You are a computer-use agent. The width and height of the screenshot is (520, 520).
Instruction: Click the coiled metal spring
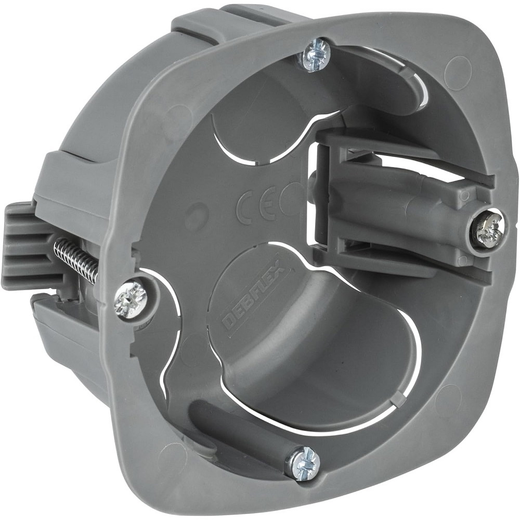77,257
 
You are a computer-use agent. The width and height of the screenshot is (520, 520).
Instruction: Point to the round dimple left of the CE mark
197,212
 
